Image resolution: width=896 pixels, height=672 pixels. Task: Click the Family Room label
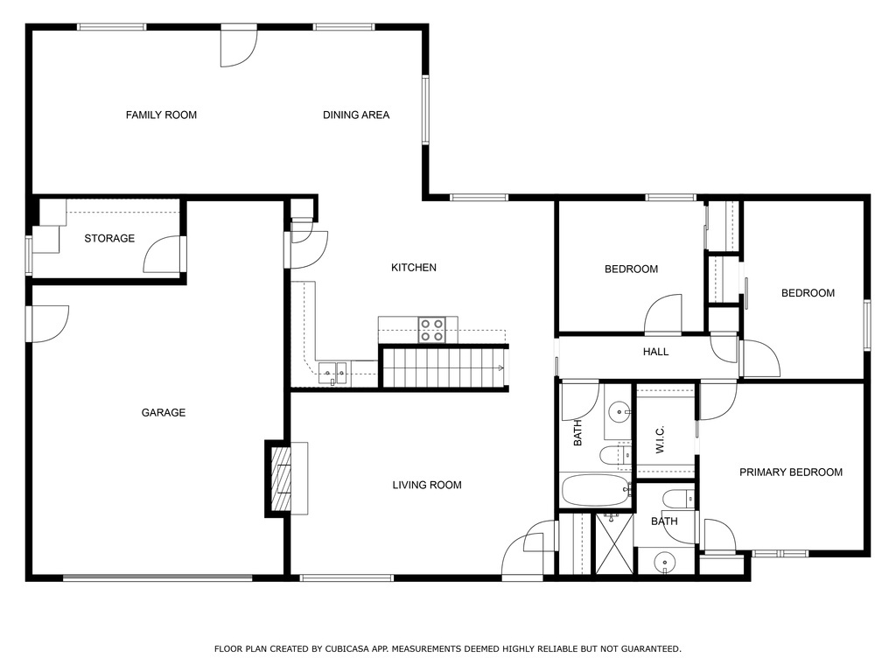coord(161,115)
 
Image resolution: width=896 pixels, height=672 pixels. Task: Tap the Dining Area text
coord(356,115)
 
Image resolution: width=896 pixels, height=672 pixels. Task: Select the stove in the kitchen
coord(431,329)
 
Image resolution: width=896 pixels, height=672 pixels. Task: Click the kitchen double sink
coord(332,374)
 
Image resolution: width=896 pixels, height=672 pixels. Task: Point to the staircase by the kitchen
coord(444,367)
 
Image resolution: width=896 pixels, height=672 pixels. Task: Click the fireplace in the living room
coord(281,478)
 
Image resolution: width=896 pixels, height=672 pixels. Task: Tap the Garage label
coord(164,412)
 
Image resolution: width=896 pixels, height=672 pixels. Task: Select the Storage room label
coord(109,238)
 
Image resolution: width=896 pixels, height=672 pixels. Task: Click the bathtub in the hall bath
coord(595,490)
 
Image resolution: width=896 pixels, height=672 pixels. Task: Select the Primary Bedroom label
coord(791,472)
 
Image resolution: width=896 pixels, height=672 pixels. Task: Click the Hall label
coord(655,352)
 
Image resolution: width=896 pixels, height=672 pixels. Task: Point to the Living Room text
coord(427,485)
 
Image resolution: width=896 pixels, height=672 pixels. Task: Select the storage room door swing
coord(162,255)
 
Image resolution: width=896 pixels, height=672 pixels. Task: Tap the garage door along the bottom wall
coord(157,577)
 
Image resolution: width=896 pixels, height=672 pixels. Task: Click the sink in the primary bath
coord(666,560)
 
